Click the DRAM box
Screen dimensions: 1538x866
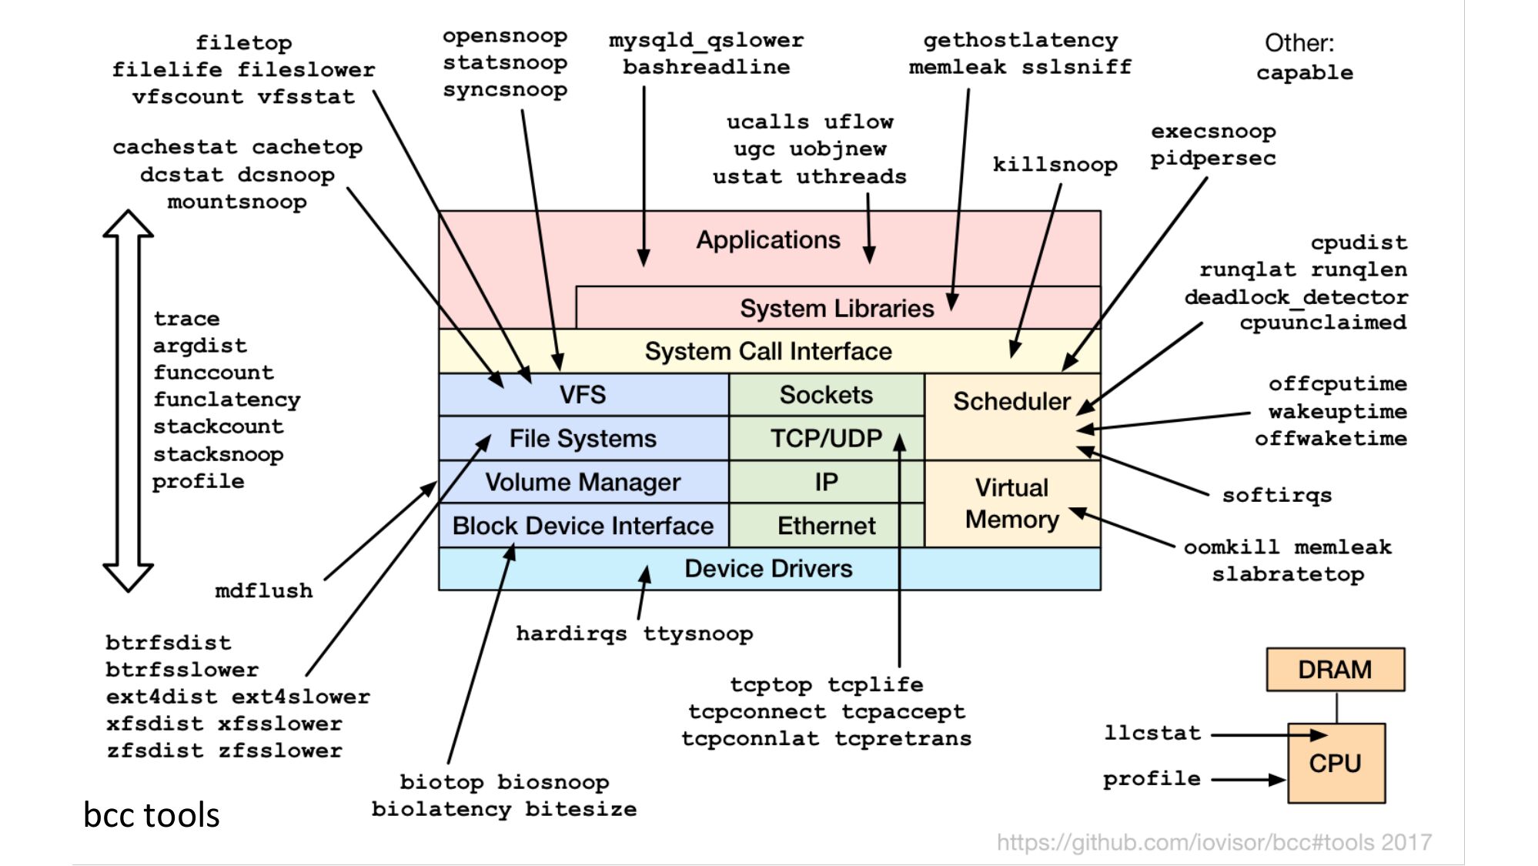pos(1335,669)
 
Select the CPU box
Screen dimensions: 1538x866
pos(1336,763)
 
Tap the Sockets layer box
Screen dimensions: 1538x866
pos(826,395)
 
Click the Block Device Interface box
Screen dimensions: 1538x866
pos(583,526)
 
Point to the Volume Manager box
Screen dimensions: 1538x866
pos(583,482)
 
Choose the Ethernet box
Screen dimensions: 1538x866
pos(826,526)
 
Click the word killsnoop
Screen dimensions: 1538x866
pos(1055,165)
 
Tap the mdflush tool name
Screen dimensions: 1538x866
pos(264,590)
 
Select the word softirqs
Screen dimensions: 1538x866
pos(1277,495)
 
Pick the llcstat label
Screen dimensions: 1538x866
pos(1152,732)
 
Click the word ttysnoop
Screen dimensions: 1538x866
pos(698,634)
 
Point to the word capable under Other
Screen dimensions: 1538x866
pos(1305,72)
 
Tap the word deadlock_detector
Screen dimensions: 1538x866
pos(1296,297)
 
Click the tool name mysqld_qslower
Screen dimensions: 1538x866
pos(706,40)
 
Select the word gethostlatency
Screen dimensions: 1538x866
pos(1021,40)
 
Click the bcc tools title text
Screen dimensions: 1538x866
pos(152,814)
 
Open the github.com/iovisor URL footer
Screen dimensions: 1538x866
pos(1214,842)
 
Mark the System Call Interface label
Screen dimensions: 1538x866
pos(768,351)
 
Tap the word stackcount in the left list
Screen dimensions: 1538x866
pos(219,426)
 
